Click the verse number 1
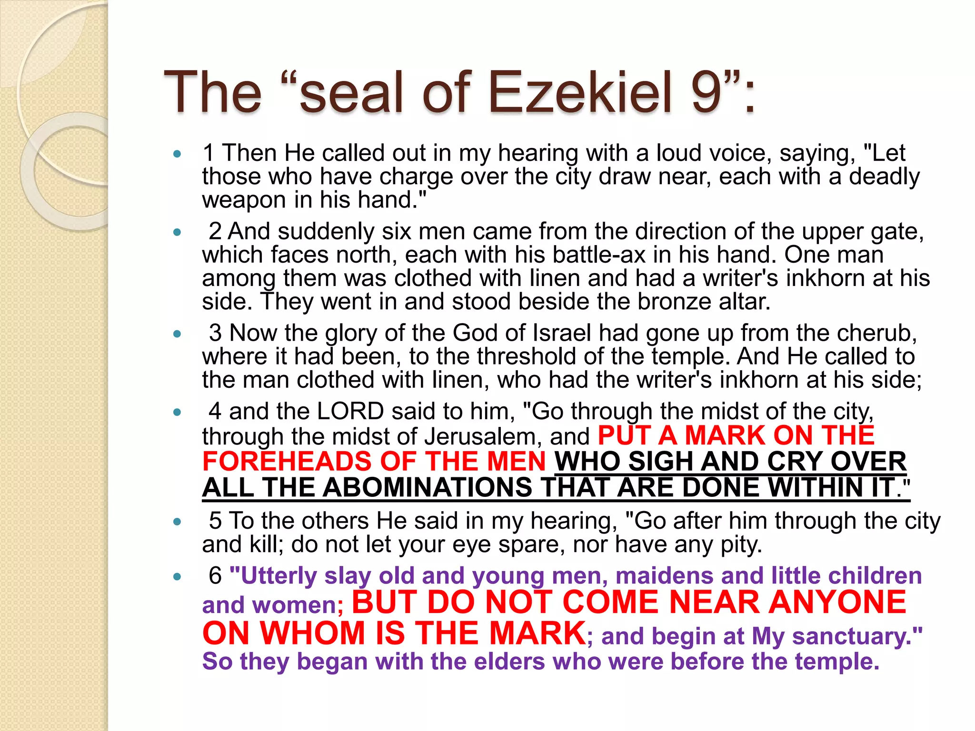coord(209,153)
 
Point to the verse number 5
coord(215,521)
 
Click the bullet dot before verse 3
coord(178,334)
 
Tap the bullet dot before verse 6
coord(178,577)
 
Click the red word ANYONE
coord(837,603)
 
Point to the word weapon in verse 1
coord(244,200)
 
